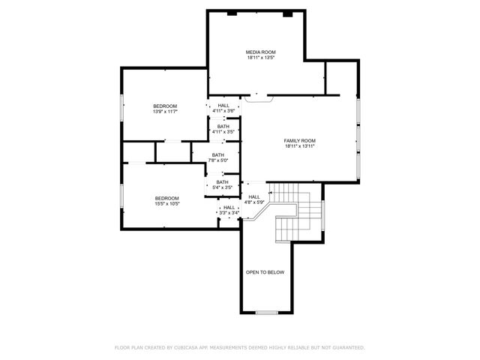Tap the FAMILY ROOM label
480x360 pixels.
pyautogui.click(x=299, y=140)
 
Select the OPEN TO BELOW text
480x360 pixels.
pyautogui.click(x=265, y=272)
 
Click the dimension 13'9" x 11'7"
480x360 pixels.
pyautogui.click(x=165, y=112)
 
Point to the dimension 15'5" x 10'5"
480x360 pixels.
pyautogui.click(x=166, y=203)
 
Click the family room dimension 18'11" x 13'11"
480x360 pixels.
pyautogui.click(x=299, y=146)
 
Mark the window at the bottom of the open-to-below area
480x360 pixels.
pyautogui.click(x=266, y=312)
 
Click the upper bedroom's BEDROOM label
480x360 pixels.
pyautogui.click(x=165, y=106)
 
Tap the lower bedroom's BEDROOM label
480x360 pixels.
pyautogui.click(x=166, y=197)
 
